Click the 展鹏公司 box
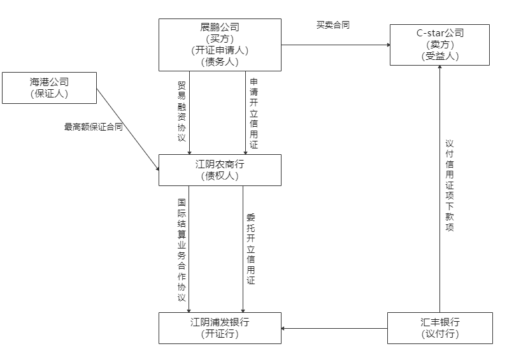pyautogui.click(x=220, y=45)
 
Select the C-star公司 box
pyautogui.click(x=439, y=45)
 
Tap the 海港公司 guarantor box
pyautogui.click(x=49, y=88)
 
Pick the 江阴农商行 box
pyautogui.click(x=220, y=170)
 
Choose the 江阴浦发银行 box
pyautogui.click(x=220, y=328)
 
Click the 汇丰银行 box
pyautogui.click(x=439, y=328)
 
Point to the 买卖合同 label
pyautogui.click(x=332, y=25)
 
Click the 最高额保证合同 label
pyautogui.click(x=93, y=127)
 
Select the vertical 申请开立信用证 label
pyautogui.click(x=253, y=113)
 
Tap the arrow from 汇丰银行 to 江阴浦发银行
pyautogui.click(x=334, y=329)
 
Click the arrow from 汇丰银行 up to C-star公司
pyautogui.click(x=439, y=191)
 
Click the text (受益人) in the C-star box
pyautogui.click(x=439, y=56)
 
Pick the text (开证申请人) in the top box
pyautogui.click(x=220, y=50)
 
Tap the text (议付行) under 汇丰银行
pyautogui.click(x=439, y=334)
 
